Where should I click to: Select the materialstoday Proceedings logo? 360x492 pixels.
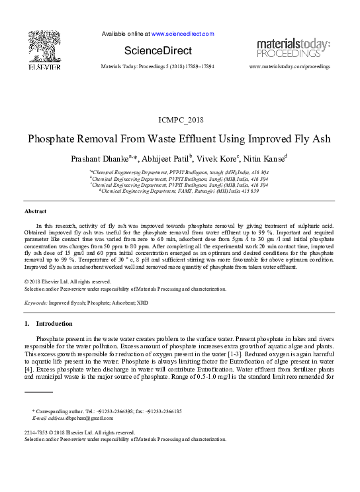[x=292, y=48]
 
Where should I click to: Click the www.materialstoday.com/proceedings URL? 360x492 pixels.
[x=289, y=68]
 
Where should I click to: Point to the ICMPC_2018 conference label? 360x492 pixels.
[x=179, y=119]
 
